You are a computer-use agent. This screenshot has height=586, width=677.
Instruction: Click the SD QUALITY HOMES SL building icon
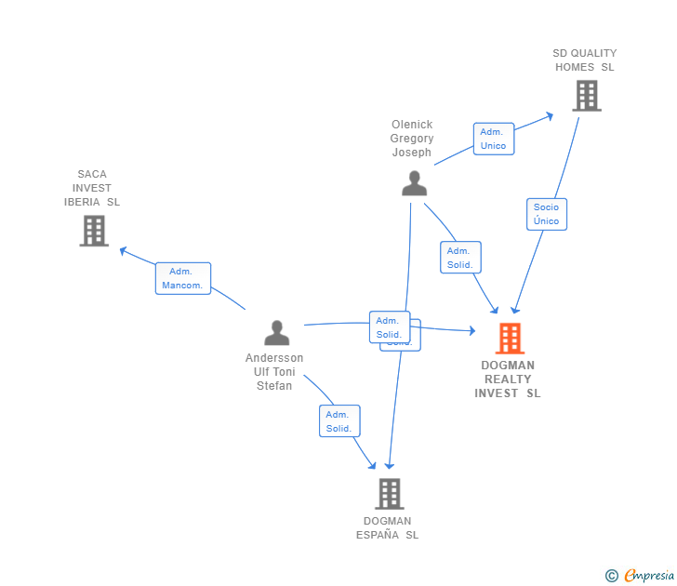coord(587,96)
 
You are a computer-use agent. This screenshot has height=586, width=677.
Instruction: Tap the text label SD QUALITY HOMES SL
coord(584,60)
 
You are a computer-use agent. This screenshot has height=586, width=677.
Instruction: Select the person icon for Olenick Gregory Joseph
coord(414,183)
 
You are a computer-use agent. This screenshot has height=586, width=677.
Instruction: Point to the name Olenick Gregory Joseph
coord(412,139)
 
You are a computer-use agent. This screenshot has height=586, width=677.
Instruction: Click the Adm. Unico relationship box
coord(493,139)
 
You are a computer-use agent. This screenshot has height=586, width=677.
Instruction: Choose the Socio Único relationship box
coord(546,214)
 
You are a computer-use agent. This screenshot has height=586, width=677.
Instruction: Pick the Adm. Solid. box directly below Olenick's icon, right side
coord(460,258)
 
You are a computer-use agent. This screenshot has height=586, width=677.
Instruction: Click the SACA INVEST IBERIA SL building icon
coord(94,231)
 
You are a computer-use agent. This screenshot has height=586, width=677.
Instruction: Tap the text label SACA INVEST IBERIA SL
coord(92,188)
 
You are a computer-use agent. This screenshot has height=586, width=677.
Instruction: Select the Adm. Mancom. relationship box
coord(183,278)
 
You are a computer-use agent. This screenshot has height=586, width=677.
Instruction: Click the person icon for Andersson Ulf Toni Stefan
coord(276,332)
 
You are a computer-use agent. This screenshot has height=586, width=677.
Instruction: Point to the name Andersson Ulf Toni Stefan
coord(274,372)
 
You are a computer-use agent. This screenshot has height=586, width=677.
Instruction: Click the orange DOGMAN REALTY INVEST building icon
coord(510,339)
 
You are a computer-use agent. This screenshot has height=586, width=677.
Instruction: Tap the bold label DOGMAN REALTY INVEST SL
coord(508,380)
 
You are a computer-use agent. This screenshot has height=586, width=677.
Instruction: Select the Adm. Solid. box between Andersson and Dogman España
coord(338,421)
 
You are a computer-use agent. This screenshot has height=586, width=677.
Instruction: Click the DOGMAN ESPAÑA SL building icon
coord(389,494)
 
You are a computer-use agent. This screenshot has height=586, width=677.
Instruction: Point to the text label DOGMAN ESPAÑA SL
coord(388,528)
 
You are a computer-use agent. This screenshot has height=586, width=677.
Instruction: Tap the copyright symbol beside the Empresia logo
coord(611,576)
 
